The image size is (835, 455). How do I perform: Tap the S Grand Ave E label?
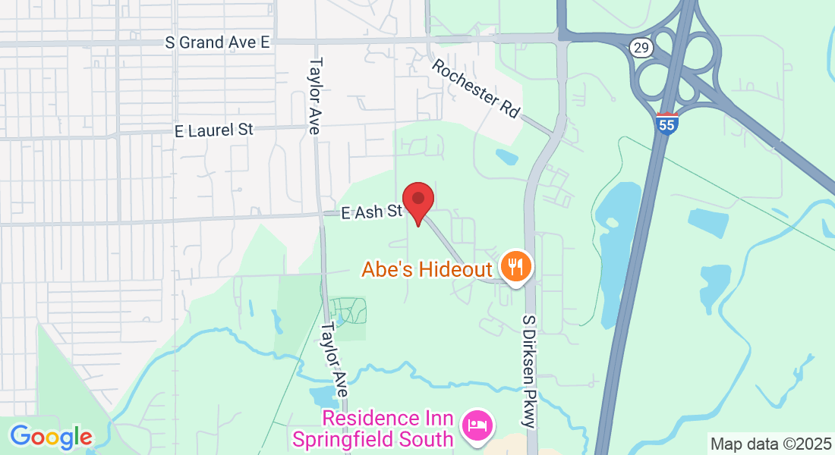tap(217, 42)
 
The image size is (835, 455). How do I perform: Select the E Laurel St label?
tap(213, 130)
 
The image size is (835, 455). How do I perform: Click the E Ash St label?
tap(370, 212)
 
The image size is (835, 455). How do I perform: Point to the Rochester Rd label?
tap(476, 89)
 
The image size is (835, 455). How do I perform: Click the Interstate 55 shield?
tap(667, 124)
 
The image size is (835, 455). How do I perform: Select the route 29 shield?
tap(641, 48)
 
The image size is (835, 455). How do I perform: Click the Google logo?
tap(51, 437)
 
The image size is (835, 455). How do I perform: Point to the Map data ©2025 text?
tap(769, 444)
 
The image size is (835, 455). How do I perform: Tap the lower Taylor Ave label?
tap(334, 360)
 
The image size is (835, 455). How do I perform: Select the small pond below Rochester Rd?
tap(506, 157)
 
